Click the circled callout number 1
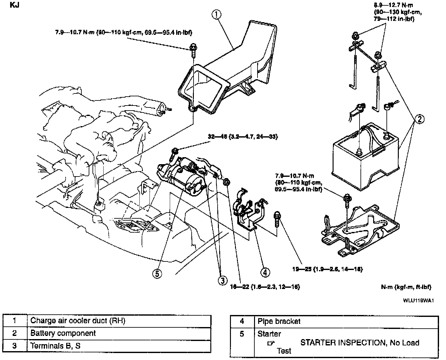pos(217,15)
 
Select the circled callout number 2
pos(419,119)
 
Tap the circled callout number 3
pos(222,280)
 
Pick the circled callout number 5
pos(157,273)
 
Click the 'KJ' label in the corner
pos(15,5)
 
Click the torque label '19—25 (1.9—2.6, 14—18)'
pos(327,269)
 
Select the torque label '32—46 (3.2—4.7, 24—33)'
pos(243,137)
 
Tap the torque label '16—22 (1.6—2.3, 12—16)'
pos(265,287)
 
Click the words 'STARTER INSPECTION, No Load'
pos(360,343)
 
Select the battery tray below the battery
pos(361,233)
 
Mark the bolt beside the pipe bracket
pos(277,219)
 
